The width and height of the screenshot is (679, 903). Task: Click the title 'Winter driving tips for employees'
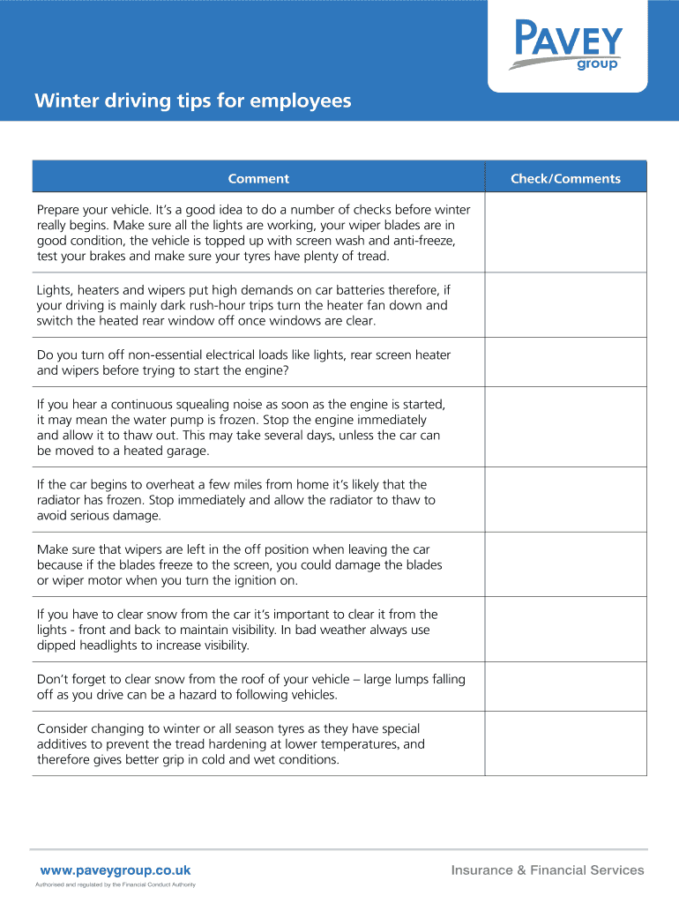pos(192,101)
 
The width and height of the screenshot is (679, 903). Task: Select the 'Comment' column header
pos(258,179)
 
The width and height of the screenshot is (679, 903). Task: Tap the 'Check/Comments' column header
pos(565,179)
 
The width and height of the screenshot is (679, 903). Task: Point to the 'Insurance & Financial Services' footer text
pos(548,870)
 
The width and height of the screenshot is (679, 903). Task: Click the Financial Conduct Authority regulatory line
pos(115,885)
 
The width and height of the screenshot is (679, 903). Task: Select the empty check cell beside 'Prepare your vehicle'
pos(565,233)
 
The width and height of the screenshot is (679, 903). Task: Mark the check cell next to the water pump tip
pos(565,428)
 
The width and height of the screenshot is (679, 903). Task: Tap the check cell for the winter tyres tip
pos(565,744)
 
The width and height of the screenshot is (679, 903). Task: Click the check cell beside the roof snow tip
pos(565,687)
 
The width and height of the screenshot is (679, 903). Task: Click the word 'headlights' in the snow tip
pos(117,646)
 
